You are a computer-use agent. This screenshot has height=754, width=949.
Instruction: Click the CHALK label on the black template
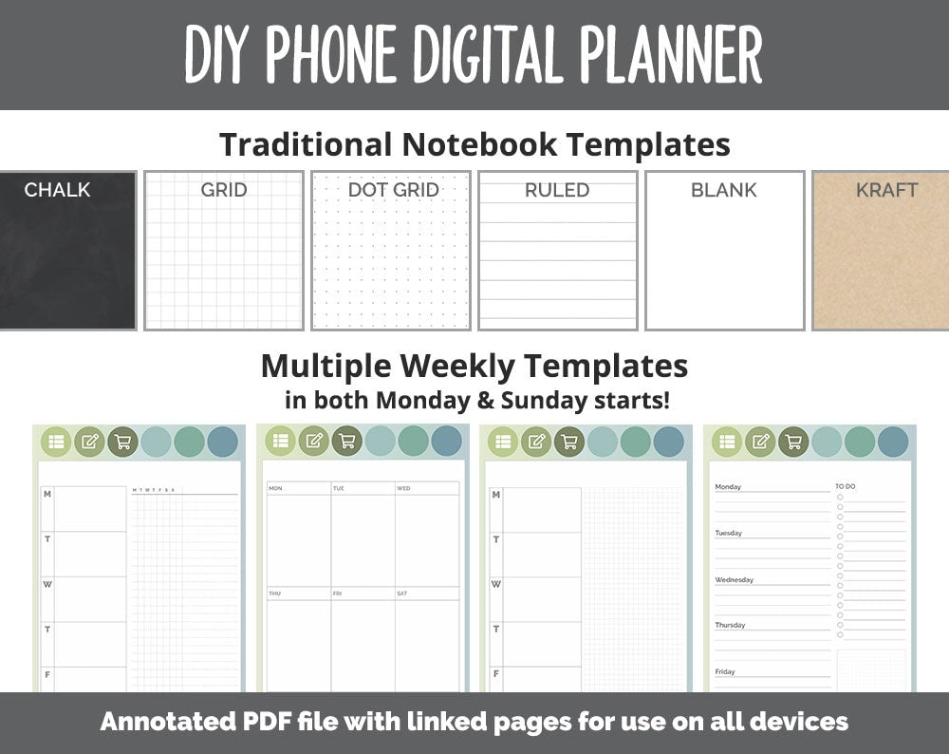pyautogui.click(x=57, y=190)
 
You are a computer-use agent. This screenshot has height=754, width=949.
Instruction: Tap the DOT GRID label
pyautogui.click(x=393, y=190)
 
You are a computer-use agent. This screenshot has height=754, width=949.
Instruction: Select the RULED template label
pyautogui.click(x=557, y=190)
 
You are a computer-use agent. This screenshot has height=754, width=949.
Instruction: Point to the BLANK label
pyautogui.click(x=724, y=190)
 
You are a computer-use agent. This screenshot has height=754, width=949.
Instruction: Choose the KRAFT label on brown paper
pyautogui.click(x=886, y=190)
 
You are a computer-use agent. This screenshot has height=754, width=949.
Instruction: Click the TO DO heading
pyautogui.click(x=846, y=486)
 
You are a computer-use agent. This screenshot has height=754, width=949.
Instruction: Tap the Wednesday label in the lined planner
pyautogui.click(x=734, y=579)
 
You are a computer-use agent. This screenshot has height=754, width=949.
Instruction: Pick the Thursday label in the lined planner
pyautogui.click(x=730, y=625)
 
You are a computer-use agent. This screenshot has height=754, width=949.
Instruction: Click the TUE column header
pyautogui.click(x=339, y=488)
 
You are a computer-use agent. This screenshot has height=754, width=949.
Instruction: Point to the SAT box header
pyautogui.click(x=403, y=594)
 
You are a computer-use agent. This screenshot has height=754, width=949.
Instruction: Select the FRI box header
pyautogui.click(x=338, y=594)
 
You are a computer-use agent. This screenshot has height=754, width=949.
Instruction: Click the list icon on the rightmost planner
pyautogui.click(x=727, y=442)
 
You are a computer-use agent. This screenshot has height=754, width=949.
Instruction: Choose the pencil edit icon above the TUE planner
pyautogui.click(x=313, y=441)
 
